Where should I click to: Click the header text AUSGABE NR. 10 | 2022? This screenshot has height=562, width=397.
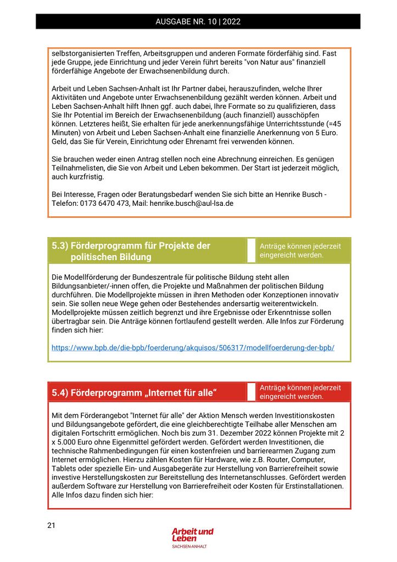pyautogui.click(x=198, y=22)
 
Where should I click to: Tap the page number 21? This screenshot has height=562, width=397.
pyautogui.click(x=51, y=525)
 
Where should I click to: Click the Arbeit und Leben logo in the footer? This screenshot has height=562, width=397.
pyautogui.click(x=192, y=535)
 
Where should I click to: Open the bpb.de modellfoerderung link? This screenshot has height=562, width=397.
pyautogui.click(x=193, y=347)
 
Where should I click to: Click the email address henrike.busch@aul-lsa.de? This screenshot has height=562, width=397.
pyautogui.click(x=188, y=204)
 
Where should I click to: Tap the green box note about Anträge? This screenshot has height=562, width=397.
pyautogui.click(x=300, y=251)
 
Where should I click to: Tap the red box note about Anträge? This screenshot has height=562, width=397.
pyautogui.click(x=300, y=392)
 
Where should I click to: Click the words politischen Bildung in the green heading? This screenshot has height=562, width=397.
pyautogui.click(x=111, y=257)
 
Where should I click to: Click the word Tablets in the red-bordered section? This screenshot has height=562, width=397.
pyautogui.click(x=65, y=468)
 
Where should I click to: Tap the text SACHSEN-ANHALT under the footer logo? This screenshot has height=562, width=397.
pyautogui.click(x=189, y=547)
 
